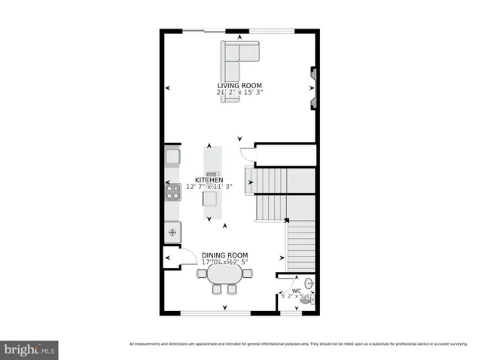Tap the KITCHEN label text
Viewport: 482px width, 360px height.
209,180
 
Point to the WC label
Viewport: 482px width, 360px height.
296,290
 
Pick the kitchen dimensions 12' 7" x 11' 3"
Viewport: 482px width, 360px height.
209,187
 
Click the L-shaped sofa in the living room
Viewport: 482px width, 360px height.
237,56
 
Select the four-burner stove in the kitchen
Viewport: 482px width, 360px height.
172,192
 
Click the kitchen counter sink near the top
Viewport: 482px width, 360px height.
172,157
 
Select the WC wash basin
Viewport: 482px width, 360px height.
308,284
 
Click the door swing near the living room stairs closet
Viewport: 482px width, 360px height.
246,154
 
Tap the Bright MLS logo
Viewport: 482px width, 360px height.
29,350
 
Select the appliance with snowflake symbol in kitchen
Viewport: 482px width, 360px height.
172,232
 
